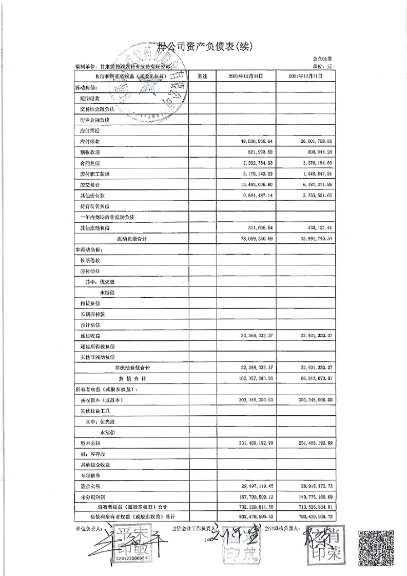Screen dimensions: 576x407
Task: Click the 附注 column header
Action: coord(202,76)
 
